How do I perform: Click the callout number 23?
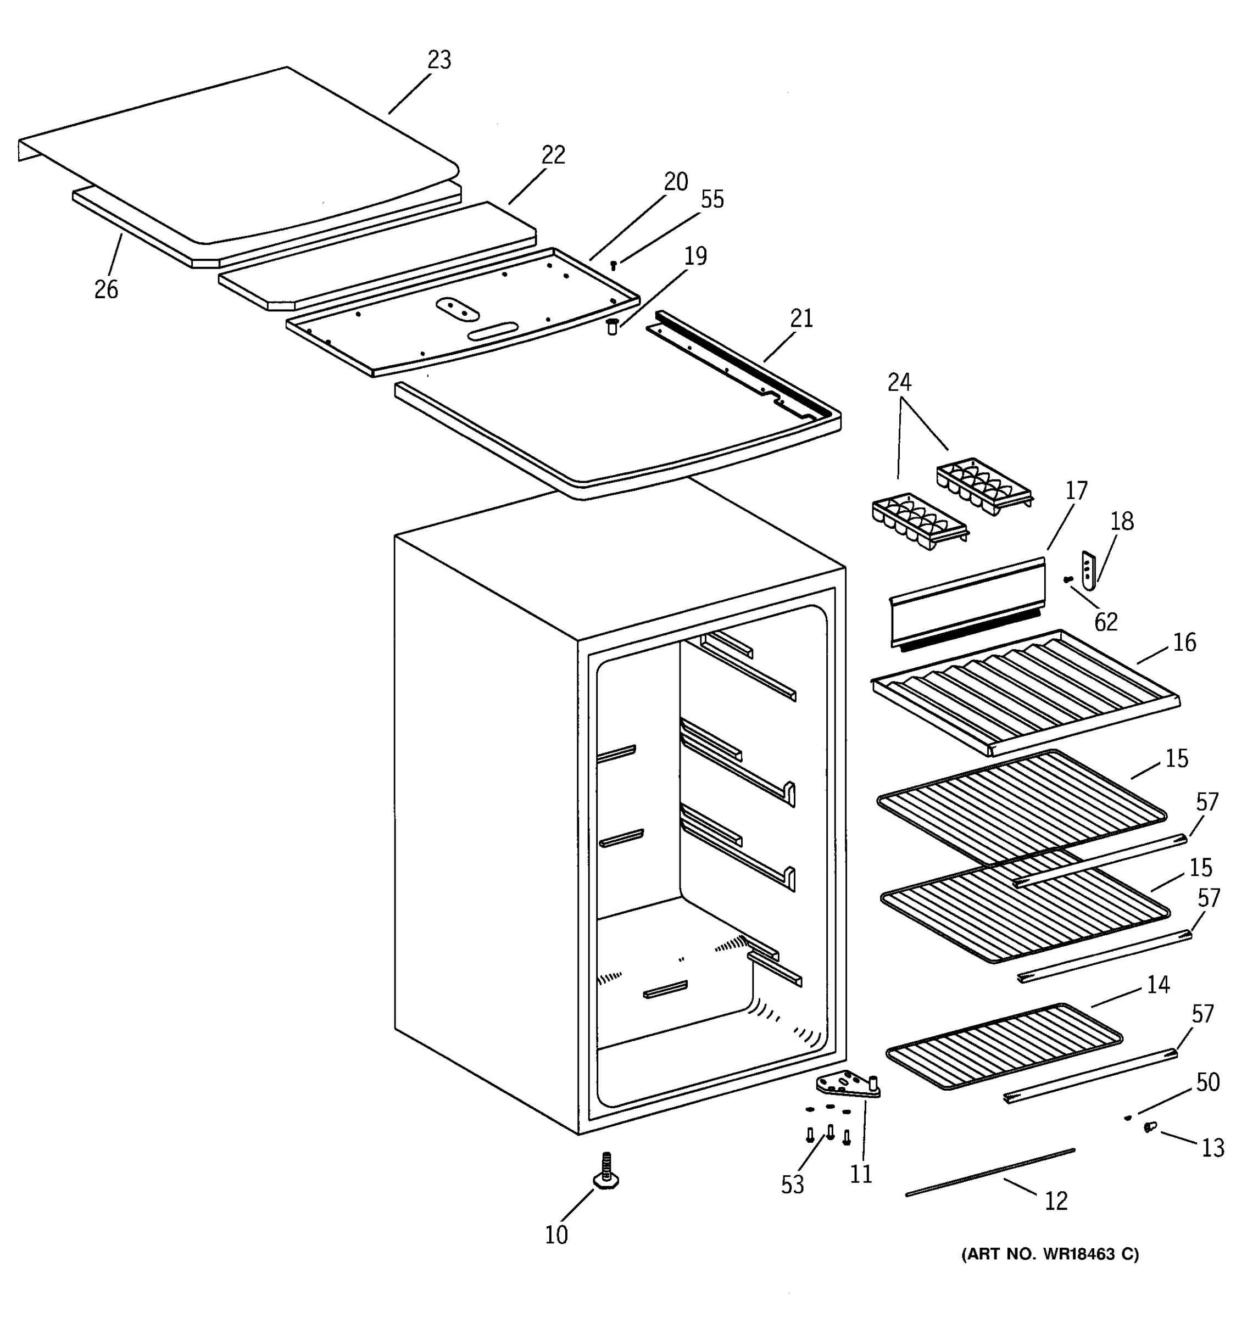pyautogui.click(x=439, y=60)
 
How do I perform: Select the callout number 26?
pyautogui.click(x=106, y=290)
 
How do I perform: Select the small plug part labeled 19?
pyautogui.click(x=612, y=326)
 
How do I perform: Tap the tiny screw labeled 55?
pyautogui.click(x=614, y=265)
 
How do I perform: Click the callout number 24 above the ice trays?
pyautogui.click(x=899, y=383)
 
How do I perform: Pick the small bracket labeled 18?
pyautogui.click(x=1088, y=569)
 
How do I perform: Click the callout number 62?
pyautogui.click(x=1105, y=622)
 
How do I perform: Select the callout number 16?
pyautogui.click(x=1184, y=643)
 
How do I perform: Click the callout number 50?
pyautogui.click(x=1207, y=1082)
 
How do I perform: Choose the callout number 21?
pyautogui.click(x=801, y=319)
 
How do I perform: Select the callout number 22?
pyautogui.click(x=553, y=155)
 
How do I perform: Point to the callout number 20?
pyautogui.click(x=676, y=182)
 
